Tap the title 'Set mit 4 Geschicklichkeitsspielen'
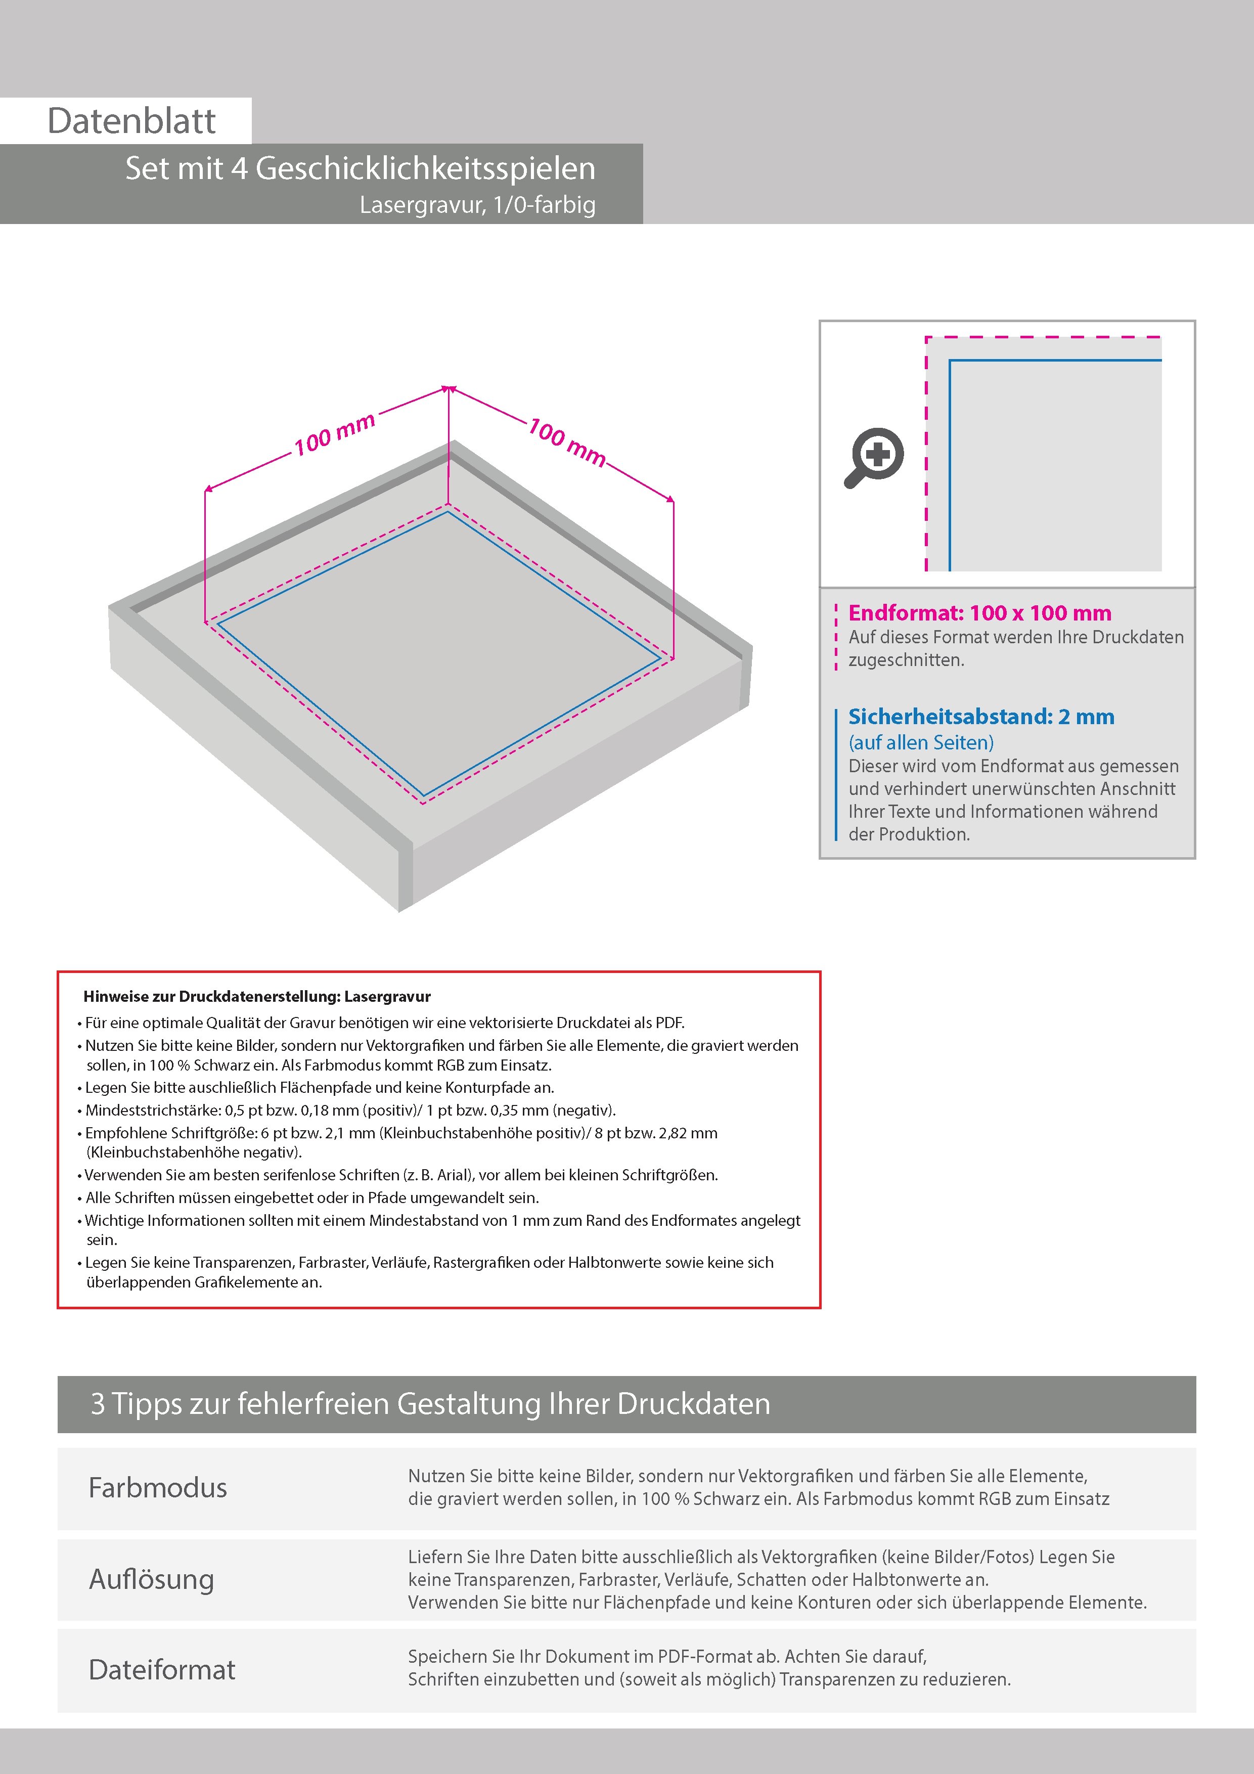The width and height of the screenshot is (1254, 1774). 360,168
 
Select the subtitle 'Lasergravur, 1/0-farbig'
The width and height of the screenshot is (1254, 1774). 477,205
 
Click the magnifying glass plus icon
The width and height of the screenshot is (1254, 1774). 874,458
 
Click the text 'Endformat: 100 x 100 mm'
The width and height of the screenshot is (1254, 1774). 979,613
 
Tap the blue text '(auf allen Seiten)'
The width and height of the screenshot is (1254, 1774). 921,742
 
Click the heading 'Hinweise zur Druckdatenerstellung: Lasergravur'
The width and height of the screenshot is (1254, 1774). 256,997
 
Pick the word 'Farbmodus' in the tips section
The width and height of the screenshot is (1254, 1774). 158,1487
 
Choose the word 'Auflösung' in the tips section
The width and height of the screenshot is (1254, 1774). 151,1578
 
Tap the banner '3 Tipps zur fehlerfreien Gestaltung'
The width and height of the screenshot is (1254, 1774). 430,1404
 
